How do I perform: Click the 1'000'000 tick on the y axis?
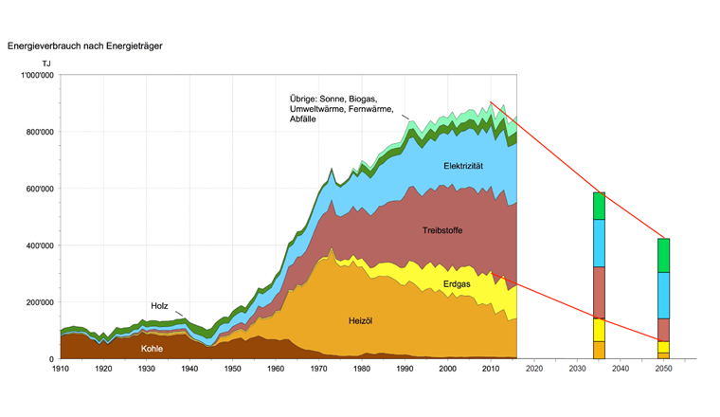[x=36, y=75]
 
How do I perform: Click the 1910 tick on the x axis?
[x=61, y=369]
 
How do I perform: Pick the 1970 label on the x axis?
[x=318, y=369]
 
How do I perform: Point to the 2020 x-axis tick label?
[x=533, y=369]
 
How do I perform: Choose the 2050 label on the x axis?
[x=662, y=369]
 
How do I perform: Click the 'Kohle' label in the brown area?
[x=153, y=348]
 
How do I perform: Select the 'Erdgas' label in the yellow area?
[x=458, y=283]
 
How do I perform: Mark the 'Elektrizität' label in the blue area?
[x=463, y=166]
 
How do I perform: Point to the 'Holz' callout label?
[x=159, y=306]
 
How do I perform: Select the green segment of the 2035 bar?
[x=599, y=206]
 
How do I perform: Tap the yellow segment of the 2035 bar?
[x=599, y=330]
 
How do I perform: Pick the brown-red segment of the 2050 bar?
[x=663, y=329]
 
